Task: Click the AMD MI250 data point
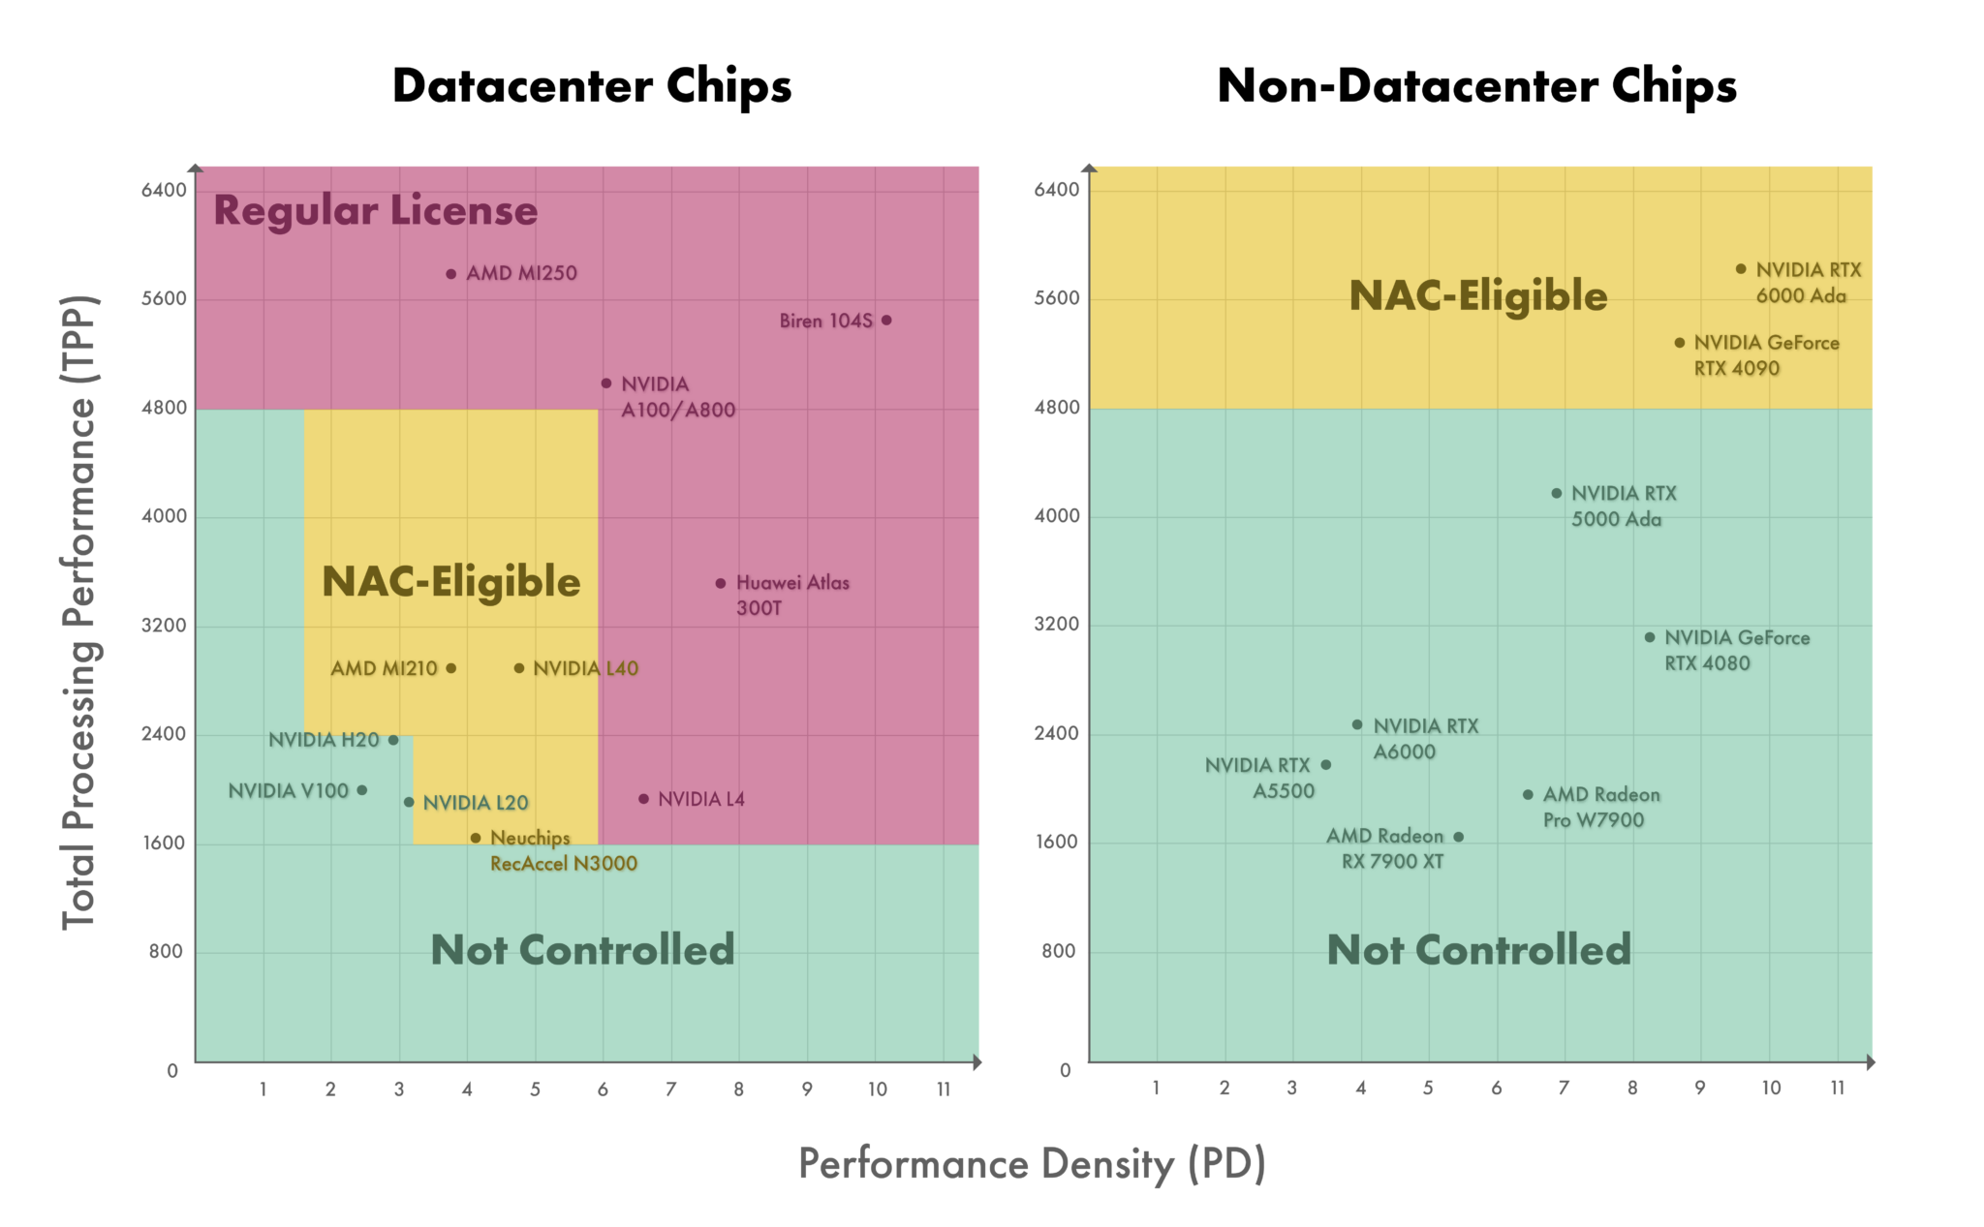[450, 274]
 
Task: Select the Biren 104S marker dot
[886, 321]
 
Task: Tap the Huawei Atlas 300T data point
[721, 583]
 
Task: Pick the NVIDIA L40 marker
[519, 668]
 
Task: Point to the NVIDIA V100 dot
[362, 790]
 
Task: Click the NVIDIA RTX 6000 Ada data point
[1741, 269]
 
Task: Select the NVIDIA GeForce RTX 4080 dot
[1650, 637]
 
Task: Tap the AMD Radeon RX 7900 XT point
[1459, 837]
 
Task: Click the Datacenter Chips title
[592, 86]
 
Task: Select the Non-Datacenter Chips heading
[1476, 86]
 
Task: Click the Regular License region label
[375, 210]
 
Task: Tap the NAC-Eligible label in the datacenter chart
[450, 581]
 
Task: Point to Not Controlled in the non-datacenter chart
[1478, 950]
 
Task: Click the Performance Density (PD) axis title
[1032, 1164]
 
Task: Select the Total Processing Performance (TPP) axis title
[79, 612]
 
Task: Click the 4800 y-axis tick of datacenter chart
[164, 408]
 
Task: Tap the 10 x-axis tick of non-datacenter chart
[1771, 1088]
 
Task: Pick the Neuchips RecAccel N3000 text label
[563, 850]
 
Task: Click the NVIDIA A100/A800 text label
[677, 397]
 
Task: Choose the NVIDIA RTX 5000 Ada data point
[1557, 493]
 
